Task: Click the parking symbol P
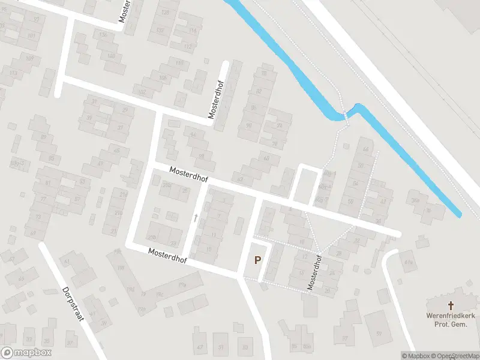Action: tap(258, 260)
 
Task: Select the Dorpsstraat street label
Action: tap(73, 304)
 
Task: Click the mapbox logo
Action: tap(26, 353)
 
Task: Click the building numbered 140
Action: tap(111, 56)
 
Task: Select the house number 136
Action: tap(103, 35)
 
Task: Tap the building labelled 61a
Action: tap(409, 262)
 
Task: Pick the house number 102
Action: tap(142, 92)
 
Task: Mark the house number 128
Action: tap(166, 12)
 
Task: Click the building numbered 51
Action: tap(221, 347)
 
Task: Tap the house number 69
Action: tap(266, 157)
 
